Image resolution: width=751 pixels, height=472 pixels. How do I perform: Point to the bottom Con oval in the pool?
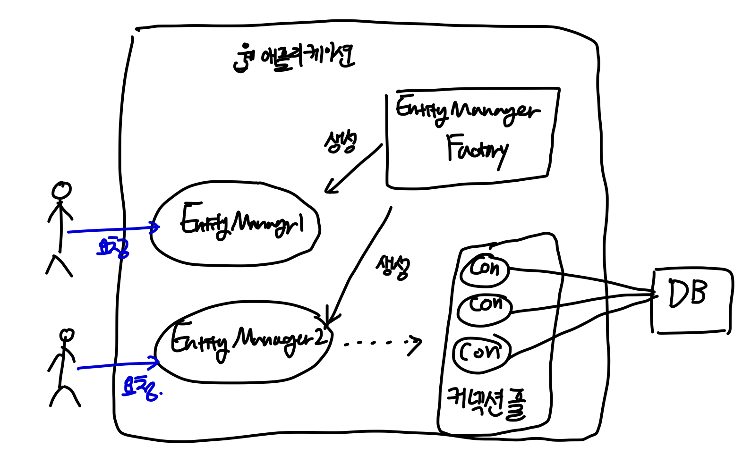click(x=481, y=352)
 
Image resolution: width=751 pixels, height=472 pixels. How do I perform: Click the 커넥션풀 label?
click(x=486, y=404)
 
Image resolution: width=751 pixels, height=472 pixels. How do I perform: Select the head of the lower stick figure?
click(x=67, y=335)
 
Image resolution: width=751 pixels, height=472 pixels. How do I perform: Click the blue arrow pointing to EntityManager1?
click(x=113, y=229)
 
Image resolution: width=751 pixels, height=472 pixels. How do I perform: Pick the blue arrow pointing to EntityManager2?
click(x=118, y=365)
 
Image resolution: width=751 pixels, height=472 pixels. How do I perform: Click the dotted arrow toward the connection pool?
click(x=383, y=343)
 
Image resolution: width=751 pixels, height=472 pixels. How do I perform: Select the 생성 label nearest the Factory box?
click(x=340, y=142)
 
